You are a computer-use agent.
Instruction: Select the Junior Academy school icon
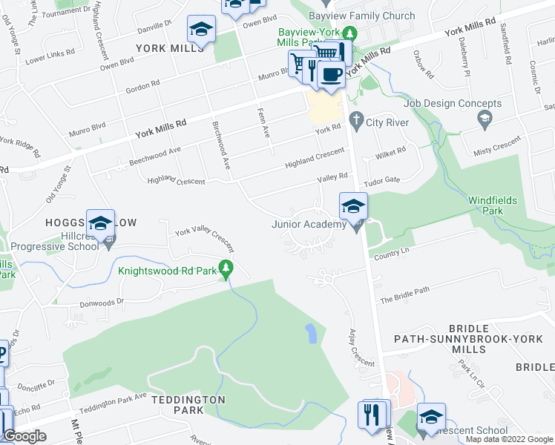tap(354, 205)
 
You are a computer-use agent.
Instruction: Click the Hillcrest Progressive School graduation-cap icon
tap(100, 222)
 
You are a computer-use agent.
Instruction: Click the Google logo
tap(25, 436)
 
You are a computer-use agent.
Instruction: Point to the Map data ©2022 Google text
tap(508, 439)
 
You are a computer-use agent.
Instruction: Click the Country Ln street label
tap(393, 253)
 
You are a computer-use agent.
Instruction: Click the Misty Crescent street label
tap(497, 148)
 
